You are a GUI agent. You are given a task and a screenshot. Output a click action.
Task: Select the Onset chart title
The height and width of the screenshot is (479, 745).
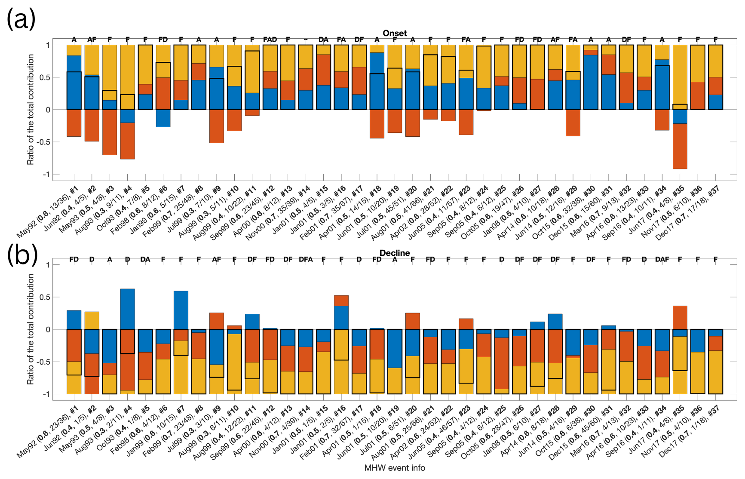395,33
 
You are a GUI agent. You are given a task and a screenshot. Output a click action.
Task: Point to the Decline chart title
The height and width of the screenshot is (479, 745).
395,253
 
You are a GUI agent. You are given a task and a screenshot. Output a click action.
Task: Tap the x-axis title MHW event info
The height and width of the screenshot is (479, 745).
395,468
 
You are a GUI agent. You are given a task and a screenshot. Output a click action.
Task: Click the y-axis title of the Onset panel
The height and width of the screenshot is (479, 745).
31,109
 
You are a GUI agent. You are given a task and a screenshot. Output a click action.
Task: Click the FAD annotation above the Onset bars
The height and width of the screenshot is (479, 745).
270,40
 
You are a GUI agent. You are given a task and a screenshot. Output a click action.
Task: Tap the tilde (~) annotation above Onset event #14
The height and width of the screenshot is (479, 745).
306,40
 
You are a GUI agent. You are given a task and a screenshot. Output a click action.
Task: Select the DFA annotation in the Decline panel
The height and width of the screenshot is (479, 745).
306,259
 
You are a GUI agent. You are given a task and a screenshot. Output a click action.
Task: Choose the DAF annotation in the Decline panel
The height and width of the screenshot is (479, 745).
662,259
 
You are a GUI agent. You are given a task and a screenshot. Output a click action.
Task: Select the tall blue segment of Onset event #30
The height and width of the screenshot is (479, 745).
591,82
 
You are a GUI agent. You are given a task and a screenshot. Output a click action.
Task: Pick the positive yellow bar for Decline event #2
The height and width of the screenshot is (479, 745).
92,320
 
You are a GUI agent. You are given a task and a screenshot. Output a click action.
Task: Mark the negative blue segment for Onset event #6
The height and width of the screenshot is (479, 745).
163,118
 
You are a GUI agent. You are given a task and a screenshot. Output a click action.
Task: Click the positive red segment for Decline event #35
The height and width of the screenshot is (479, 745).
680,317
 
